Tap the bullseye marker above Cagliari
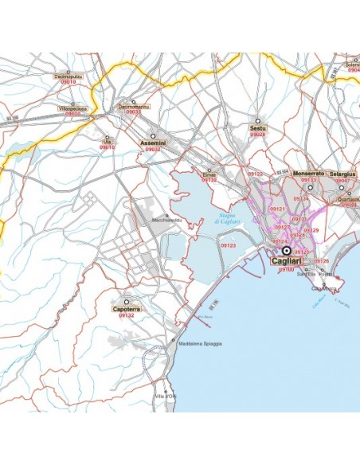pos(287,250)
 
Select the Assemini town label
pos(152,143)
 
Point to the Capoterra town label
pos(127,308)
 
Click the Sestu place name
pos(256,127)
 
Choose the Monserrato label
pos(308,173)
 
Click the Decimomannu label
pos(132,105)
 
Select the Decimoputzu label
pos(68,76)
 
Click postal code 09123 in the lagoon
pos(229,245)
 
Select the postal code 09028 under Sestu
pos(257,134)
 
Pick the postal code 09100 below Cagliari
pos(286,269)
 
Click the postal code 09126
pos(321,260)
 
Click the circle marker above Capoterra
pos(127,301)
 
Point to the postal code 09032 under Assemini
pos(152,149)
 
